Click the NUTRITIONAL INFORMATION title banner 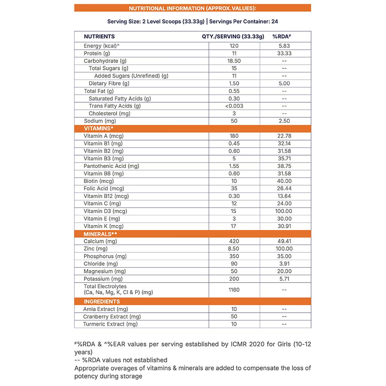click(192, 8)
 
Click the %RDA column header click(281, 37)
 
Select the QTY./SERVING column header click(233, 37)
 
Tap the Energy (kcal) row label click(102, 46)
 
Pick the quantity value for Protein click(234, 53)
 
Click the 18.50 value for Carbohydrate click(234, 61)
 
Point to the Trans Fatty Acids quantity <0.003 click(234, 106)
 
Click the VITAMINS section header click(98, 129)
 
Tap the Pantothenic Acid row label click(111, 166)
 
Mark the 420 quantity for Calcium click(234, 241)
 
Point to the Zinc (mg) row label click(96, 249)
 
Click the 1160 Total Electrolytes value click(234, 290)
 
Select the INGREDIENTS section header click(102, 301)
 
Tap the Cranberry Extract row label click(112, 317)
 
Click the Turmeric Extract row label click(110, 324)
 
